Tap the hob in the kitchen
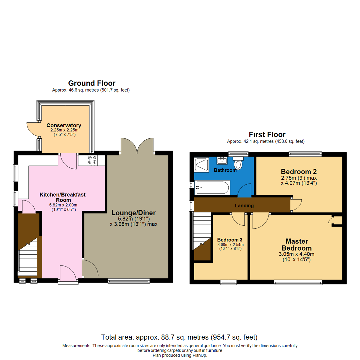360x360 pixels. tap(92, 160)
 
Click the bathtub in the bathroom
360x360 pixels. tap(212, 187)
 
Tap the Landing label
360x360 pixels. tap(244, 206)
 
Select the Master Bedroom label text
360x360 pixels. tap(298, 245)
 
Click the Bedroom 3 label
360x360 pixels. tap(230, 240)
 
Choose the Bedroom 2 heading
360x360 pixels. tap(298, 172)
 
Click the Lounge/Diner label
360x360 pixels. tap(134, 213)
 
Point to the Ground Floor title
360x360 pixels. tap(92, 83)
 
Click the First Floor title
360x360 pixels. tap(267, 134)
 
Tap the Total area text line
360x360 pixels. tap(179, 337)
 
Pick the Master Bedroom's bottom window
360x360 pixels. tap(298, 282)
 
